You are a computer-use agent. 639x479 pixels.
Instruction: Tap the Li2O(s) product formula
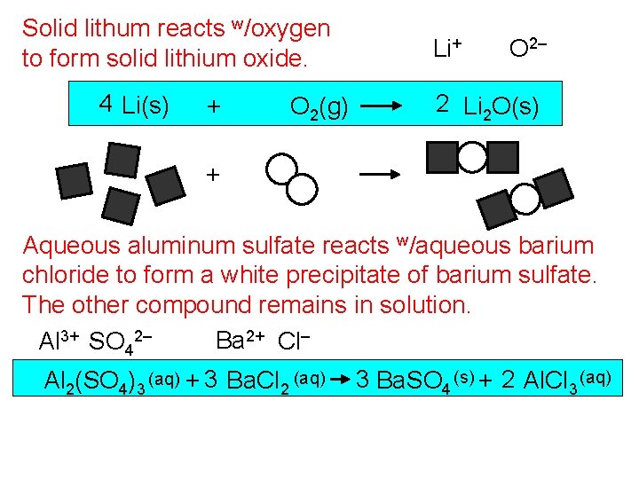click(x=500, y=107)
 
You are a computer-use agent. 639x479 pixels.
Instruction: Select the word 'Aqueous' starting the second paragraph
click(x=67, y=245)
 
